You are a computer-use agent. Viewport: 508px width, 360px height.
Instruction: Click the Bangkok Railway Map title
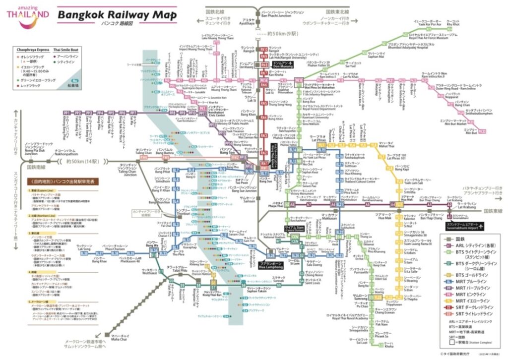(x=117, y=16)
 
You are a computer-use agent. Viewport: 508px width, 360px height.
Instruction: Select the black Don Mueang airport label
(x=286, y=65)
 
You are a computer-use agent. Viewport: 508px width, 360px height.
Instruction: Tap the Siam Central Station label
(x=281, y=228)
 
